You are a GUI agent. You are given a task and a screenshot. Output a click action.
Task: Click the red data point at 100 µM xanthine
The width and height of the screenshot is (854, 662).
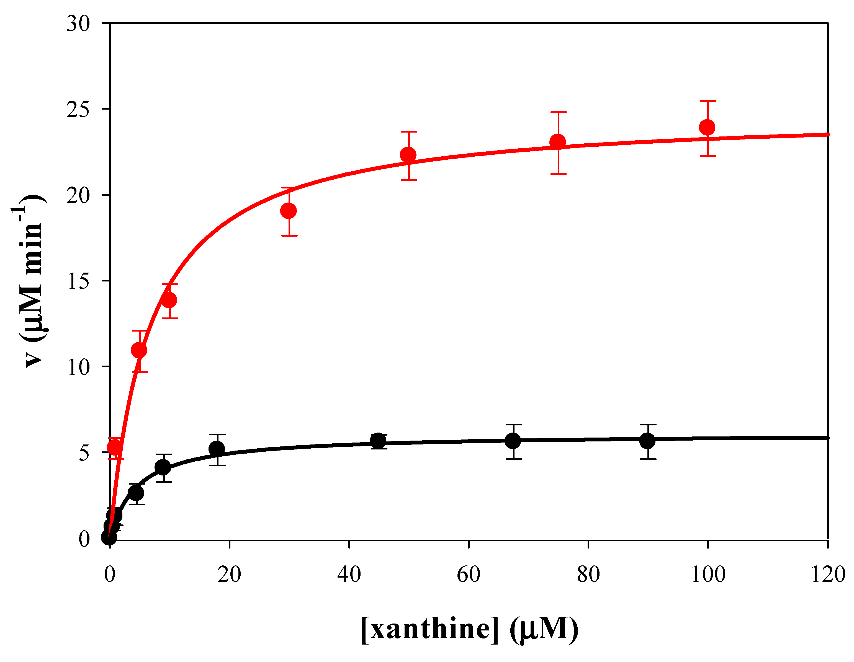[x=707, y=127]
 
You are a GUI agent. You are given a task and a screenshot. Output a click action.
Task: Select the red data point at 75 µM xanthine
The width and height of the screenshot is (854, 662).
[x=558, y=142]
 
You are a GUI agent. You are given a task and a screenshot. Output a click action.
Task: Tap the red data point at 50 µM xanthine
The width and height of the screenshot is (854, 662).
[x=408, y=155]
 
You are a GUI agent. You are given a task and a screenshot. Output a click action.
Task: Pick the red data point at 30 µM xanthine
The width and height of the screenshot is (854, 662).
[x=289, y=211]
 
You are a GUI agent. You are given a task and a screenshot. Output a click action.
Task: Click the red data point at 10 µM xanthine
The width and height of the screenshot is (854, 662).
[x=169, y=300]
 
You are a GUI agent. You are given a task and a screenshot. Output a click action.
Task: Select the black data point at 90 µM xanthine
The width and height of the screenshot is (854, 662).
[x=647, y=441]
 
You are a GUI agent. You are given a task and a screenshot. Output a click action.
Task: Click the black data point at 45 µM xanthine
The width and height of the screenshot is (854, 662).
[x=378, y=441]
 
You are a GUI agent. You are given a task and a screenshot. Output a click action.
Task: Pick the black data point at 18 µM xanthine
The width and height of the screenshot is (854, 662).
[x=217, y=449]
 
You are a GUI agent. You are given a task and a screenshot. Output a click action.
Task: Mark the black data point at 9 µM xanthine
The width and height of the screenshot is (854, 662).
[x=163, y=467]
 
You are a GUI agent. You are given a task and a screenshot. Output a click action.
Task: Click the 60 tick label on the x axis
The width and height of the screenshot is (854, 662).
[x=469, y=575]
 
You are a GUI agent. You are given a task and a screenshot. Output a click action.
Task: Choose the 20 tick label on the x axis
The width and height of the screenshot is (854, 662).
[x=229, y=575]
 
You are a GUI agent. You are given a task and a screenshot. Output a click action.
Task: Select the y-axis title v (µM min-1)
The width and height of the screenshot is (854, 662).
[x=31, y=281]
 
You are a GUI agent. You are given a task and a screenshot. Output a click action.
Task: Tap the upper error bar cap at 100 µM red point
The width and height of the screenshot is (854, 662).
[x=707, y=101]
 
